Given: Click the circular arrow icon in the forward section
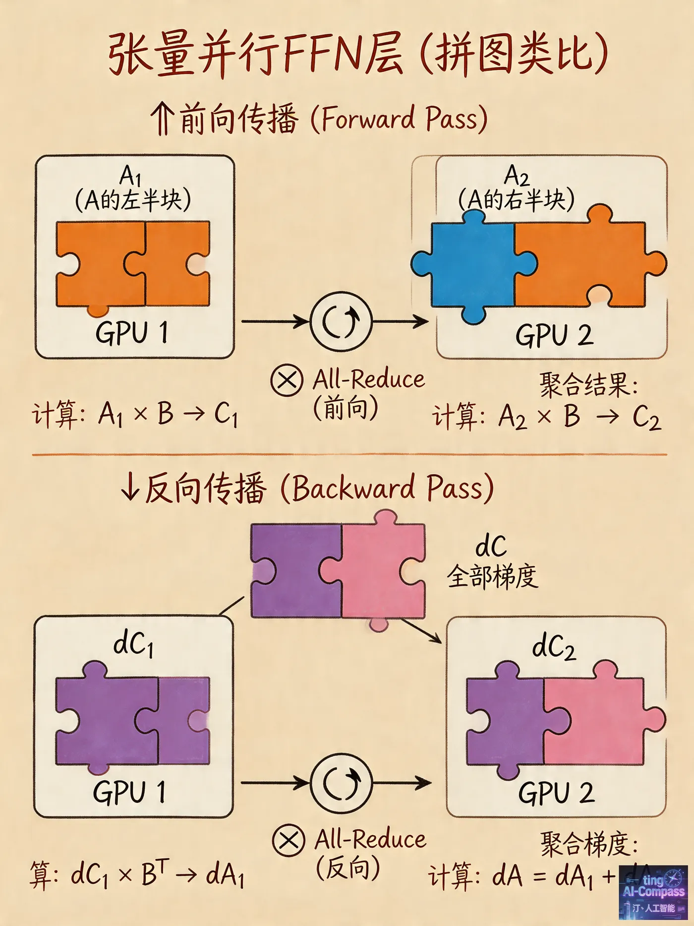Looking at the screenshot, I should (x=341, y=321).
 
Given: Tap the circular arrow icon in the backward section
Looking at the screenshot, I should (x=341, y=783).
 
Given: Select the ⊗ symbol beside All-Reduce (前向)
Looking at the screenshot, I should (x=287, y=381).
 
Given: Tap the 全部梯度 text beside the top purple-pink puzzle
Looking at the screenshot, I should (x=492, y=577).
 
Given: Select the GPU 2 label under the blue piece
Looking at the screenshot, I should (x=554, y=336).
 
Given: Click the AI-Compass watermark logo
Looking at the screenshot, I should (x=653, y=892).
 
